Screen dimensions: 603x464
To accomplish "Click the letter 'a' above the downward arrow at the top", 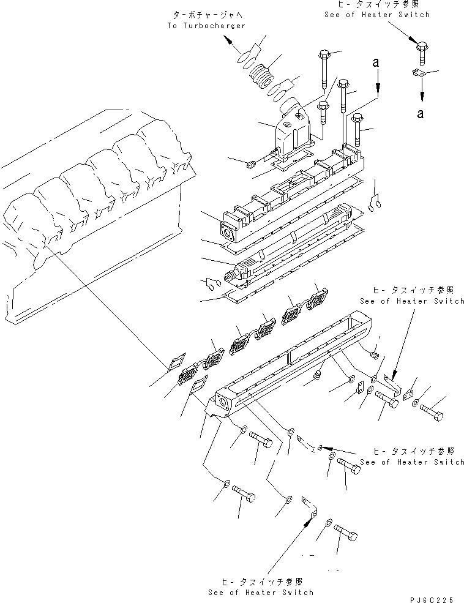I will (378, 62).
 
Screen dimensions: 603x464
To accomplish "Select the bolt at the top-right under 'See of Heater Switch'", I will (422, 53).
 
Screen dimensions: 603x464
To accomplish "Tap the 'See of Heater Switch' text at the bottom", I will (260, 592).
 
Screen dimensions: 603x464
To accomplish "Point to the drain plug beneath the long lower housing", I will (319, 373).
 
